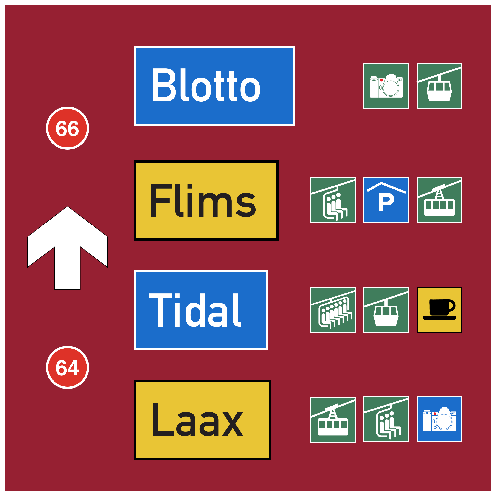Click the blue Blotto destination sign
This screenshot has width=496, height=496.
click(214, 86)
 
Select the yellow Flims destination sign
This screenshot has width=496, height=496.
click(206, 200)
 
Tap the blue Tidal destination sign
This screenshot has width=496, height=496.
click(201, 310)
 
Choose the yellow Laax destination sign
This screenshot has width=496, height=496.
click(203, 420)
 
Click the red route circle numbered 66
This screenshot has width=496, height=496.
click(68, 128)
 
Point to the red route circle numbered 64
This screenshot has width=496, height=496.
click(68, 367)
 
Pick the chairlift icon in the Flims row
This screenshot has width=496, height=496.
click(333, 200)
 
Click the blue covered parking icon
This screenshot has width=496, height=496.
click(386, 200)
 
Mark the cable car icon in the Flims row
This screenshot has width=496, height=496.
click(439, 200)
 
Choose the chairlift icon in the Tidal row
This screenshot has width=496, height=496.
click(333, 310)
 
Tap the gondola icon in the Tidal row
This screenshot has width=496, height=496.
click(386, 310)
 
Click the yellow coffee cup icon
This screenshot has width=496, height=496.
click(439, 310)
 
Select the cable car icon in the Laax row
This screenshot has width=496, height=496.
click(333, 420)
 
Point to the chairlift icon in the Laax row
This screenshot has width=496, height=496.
click(386, 420)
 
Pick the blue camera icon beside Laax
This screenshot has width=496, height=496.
click(439, 420)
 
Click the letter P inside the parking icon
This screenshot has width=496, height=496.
click(386, 203)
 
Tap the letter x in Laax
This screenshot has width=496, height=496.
click(233, 424)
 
